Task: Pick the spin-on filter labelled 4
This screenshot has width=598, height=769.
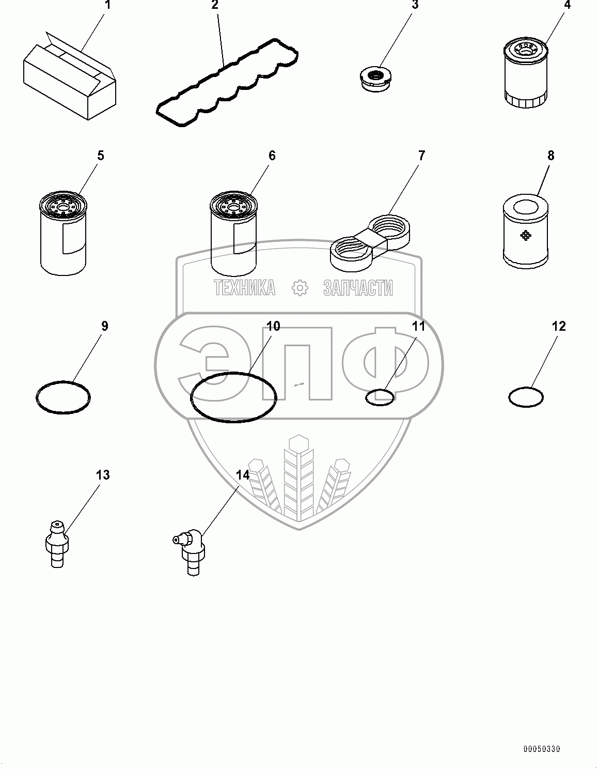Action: pos(525,75)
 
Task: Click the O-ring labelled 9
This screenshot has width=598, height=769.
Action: pos(64,397)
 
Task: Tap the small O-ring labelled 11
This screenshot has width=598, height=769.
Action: pos(380,397)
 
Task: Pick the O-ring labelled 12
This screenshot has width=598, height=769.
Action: pos(526,397)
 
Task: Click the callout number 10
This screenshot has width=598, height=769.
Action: pos(273,326)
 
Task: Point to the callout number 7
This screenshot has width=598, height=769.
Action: pos(421,155)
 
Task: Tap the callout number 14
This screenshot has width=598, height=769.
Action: pos(243,474)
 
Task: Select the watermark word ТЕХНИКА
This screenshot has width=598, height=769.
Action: pos(244,288)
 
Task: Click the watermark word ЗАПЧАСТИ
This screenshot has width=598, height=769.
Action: pos(358,288)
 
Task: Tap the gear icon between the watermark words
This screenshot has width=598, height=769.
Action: pos(300,288)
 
